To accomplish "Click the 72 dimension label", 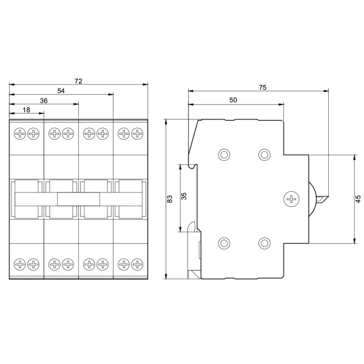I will [78, 81].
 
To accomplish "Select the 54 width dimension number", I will [61, 90].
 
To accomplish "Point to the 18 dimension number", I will [26, 110].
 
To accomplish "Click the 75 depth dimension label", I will [263, 87].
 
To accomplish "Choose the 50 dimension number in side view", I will [233, 100].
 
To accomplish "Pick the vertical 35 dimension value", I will [184, 197].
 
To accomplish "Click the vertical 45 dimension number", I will [358, 198].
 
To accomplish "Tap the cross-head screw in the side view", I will [292, 198].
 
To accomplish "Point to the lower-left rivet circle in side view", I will [224, 243].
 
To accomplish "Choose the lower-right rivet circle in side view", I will [264, 243].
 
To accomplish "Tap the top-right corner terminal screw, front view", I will [138, 133].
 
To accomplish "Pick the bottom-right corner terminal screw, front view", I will [138, 264].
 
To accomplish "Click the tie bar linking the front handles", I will [78, 199].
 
